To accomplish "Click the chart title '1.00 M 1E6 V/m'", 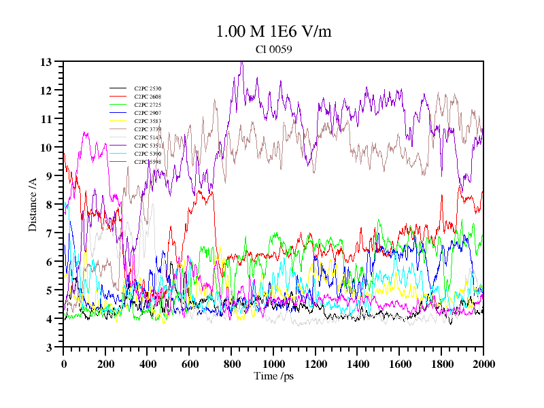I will coord(273,32).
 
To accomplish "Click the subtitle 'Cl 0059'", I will coord(274,50).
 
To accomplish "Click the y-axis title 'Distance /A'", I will coord(33,205).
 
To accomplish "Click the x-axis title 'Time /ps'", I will coord(273,376).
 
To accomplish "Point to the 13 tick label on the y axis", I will coord(46,62).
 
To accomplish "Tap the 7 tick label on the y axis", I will coord(49,233).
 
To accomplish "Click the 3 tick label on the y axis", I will coord(49,347).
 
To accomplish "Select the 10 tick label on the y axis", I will coord(46,148).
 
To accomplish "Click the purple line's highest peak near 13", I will coord(241,63).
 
